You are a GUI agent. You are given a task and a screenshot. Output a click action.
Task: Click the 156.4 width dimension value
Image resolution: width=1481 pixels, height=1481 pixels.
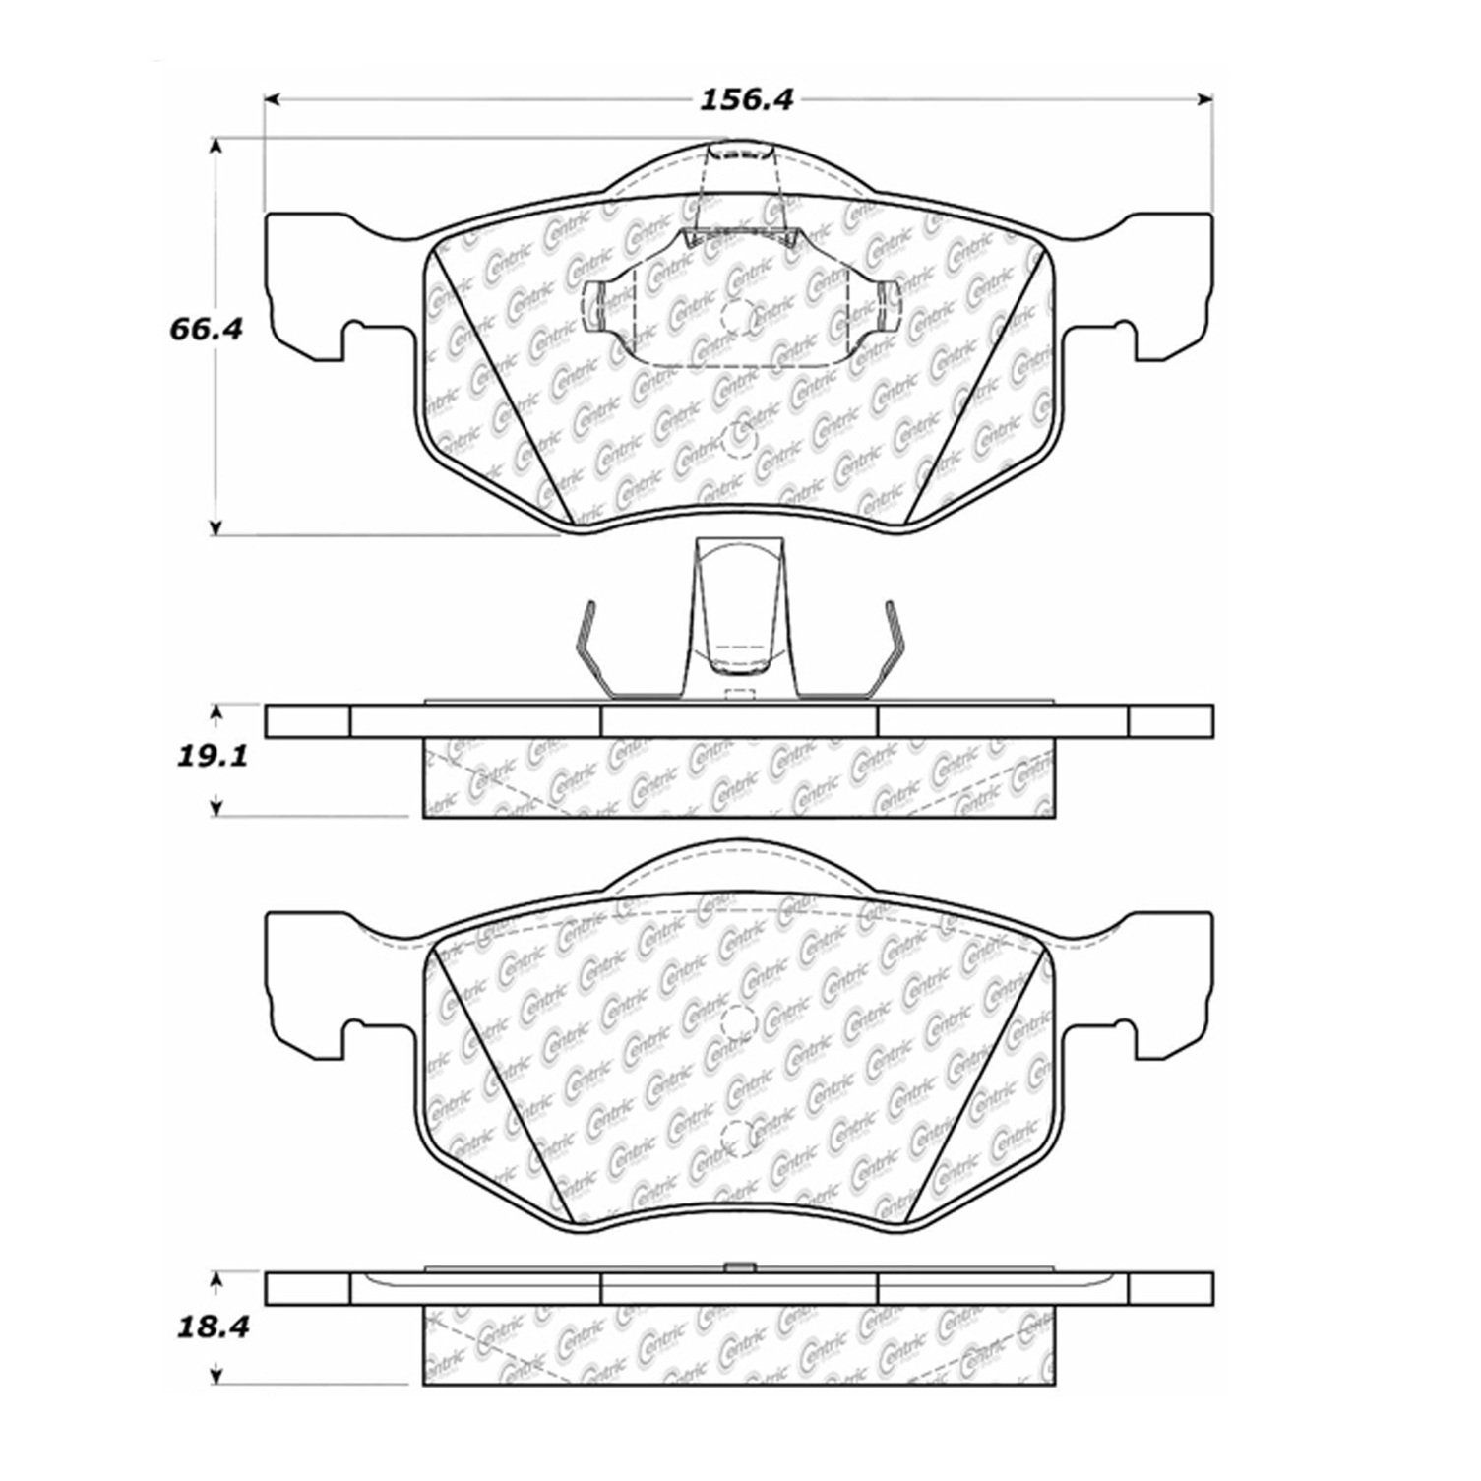tap(745, 99)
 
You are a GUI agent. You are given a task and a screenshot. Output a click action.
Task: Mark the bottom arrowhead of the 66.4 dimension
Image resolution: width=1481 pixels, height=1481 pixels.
tap(216, 525)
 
